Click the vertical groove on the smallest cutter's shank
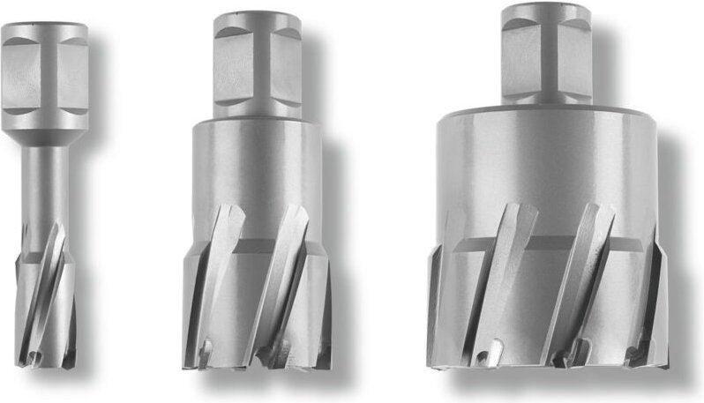[44, 66]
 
